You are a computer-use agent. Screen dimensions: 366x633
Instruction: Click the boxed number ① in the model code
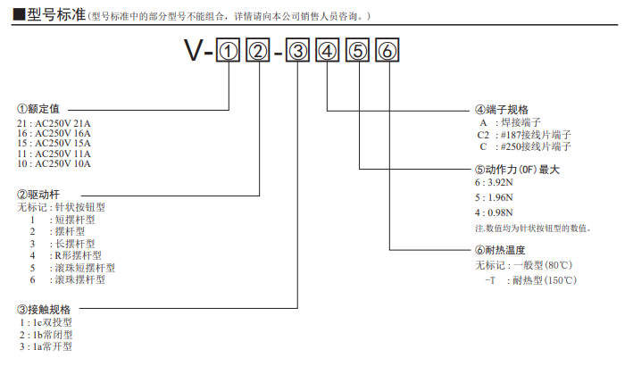tap(229, 52)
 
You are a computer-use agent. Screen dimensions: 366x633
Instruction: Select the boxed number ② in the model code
tap(259, 52)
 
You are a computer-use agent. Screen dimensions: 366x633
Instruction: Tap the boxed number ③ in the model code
tap(299, 52)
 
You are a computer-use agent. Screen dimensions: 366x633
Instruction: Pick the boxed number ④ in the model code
tap(329, 52)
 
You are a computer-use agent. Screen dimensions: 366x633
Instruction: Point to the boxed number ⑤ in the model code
tap(358, 52)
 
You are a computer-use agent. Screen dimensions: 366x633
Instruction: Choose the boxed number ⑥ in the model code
tap(387, 52)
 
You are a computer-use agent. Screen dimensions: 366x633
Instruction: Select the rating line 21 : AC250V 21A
tap(54, 122)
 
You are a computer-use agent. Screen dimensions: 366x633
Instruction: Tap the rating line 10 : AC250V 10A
tap(54, 163)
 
